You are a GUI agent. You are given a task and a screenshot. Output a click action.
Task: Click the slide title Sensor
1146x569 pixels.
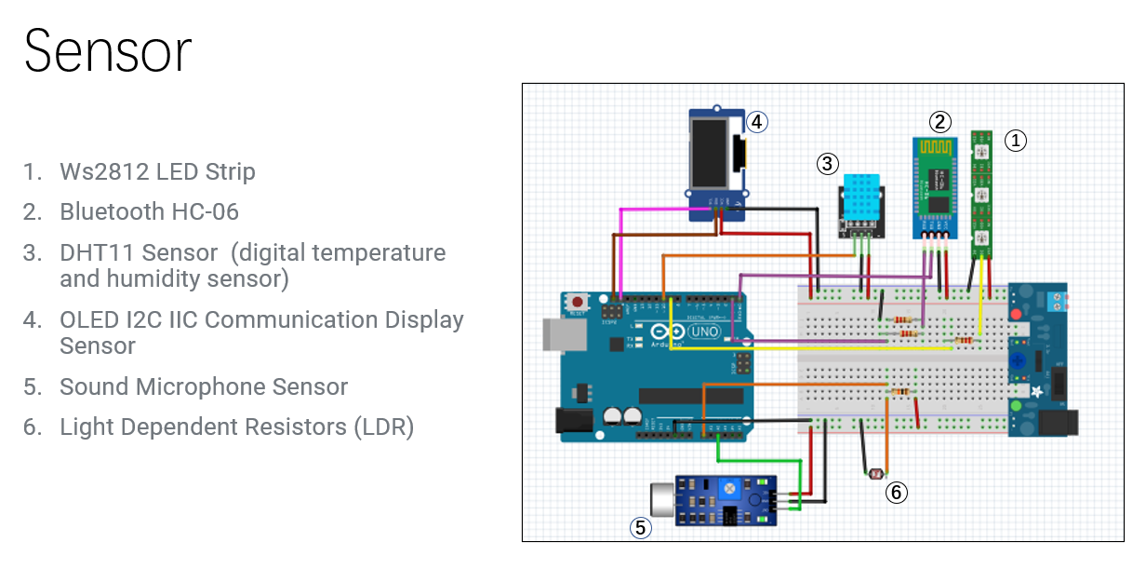tap(107, 51)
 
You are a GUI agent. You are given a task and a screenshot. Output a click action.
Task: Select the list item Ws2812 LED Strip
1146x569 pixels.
tap(157, 171)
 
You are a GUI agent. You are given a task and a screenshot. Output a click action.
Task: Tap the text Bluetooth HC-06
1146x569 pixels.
tap(149, 212)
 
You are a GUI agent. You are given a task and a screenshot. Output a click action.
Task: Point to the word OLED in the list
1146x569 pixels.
tap(88, 319)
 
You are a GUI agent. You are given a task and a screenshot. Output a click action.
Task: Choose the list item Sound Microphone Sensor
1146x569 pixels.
tap(203, 386)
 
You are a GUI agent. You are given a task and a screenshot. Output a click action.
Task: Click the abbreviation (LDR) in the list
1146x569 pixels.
tap(382, 427)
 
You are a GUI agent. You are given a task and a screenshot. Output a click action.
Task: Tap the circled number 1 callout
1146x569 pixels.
tap(1016, 140)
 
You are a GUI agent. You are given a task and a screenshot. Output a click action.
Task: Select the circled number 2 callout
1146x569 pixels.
tap(940, 121)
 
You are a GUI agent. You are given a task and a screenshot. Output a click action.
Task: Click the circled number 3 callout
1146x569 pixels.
tap(827, 164)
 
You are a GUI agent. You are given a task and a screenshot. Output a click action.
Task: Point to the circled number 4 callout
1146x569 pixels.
tap(757, 121)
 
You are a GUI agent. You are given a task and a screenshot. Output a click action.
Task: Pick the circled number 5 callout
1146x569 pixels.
tap(639, 527)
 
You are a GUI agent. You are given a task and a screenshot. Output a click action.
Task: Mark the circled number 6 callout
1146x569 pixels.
tap(896, 492)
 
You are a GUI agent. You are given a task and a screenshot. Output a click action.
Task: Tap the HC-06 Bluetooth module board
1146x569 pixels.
tap(936, 186)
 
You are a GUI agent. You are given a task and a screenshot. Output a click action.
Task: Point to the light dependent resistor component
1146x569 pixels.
tap(874, 474)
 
